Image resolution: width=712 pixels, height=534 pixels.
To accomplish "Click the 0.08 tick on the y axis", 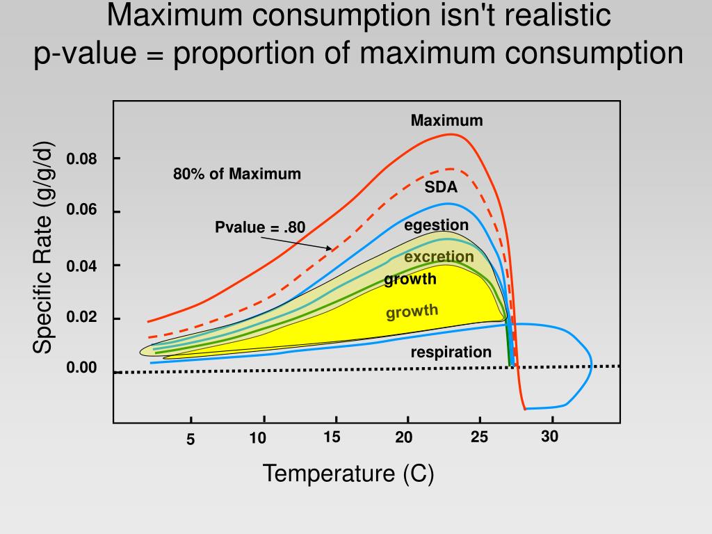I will pos(82,159).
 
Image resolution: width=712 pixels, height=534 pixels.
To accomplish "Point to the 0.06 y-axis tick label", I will pos(82,211).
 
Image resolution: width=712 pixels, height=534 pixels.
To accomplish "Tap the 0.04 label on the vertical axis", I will pos(82,266).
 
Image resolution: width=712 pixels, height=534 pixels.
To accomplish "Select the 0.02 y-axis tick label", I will pos(82,318).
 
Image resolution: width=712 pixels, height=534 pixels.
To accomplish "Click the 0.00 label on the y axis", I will pos(82,368).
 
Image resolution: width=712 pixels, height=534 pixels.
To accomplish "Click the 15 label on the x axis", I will pos(332,437).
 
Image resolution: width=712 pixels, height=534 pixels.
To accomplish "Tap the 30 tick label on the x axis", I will pos(550,437).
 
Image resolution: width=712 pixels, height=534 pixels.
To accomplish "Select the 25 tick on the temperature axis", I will pos(479,437).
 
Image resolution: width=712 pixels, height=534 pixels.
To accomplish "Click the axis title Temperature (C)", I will pos(348,474).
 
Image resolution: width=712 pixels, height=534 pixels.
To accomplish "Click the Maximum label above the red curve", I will pos(446,121).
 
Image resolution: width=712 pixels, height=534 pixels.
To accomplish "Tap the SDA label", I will pos(441,187).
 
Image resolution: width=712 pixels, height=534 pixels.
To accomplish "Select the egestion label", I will pos(437,225).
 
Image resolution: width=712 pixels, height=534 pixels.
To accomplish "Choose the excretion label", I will pos(439,257).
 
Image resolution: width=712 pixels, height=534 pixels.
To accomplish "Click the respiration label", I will pos(451,352).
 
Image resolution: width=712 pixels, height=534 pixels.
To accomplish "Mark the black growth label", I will pos(410,280).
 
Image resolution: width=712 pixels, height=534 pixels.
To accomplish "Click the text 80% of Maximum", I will pos(237,174).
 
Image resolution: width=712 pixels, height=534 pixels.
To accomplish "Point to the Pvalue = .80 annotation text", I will pos(260,227).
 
